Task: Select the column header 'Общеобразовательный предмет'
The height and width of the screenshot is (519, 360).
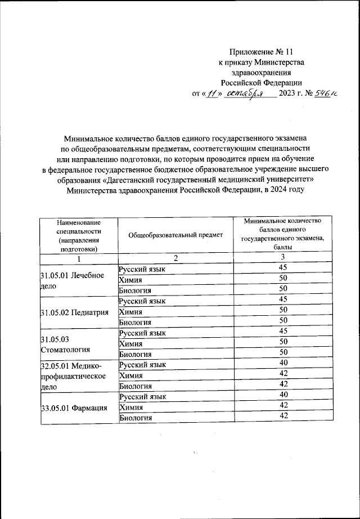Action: (175, 235)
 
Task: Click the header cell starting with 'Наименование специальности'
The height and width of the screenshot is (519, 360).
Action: (79, 235)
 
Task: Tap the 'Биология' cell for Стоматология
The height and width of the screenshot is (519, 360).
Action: (136, 354)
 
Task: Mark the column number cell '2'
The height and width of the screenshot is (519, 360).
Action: (175, 258)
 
